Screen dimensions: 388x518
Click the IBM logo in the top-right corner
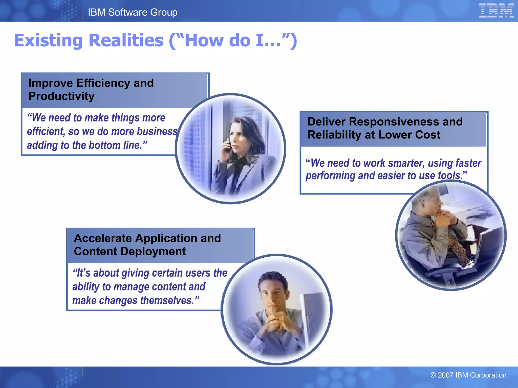coord(496,11)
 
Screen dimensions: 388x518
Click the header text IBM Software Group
coord(133,12)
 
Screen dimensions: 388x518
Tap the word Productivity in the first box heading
coord(61,96)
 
